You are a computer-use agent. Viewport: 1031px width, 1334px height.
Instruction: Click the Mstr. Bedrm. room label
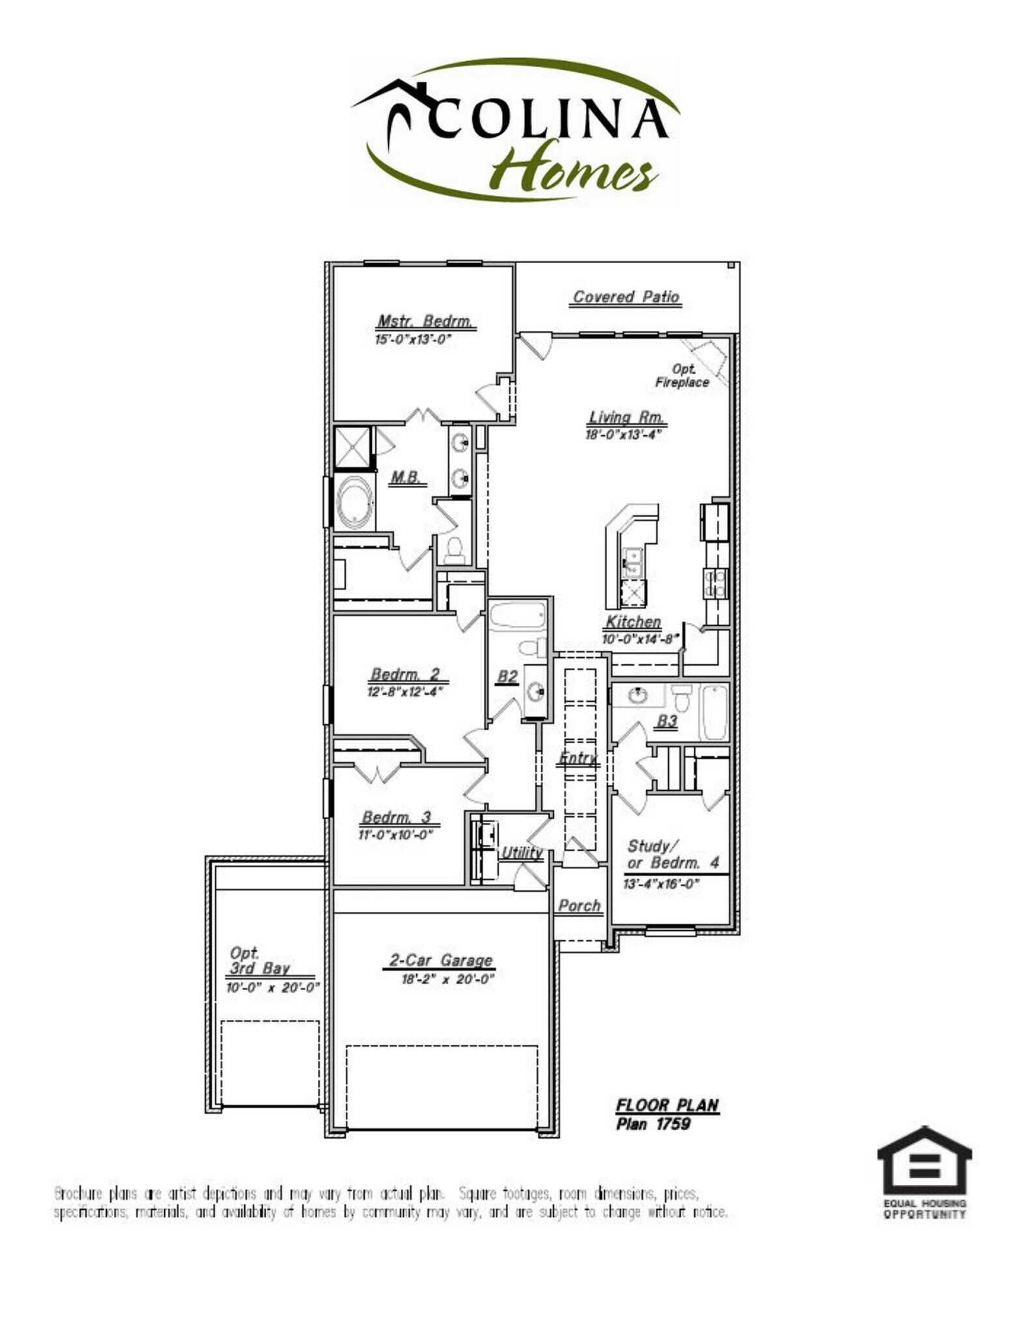[425, 322]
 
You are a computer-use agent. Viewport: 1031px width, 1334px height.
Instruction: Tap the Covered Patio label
[626, 297]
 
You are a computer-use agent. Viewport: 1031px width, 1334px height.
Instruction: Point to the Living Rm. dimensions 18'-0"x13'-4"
[623, 434]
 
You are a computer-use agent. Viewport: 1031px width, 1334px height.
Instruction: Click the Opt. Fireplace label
[682, 376]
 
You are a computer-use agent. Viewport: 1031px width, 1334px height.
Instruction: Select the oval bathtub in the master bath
[355, 502]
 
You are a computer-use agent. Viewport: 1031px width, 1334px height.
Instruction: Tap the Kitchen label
[633, 622]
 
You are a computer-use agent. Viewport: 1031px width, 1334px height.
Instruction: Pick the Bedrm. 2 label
[405, 674]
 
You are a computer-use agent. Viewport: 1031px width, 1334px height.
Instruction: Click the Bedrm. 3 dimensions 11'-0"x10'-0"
[395, 834]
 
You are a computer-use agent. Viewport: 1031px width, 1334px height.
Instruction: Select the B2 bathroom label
[507, 677]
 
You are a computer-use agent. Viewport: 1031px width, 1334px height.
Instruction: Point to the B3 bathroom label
[667, 721]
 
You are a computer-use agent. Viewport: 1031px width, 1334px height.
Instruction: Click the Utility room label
[522, 853]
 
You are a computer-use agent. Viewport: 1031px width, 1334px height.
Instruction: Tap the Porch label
[579, 906]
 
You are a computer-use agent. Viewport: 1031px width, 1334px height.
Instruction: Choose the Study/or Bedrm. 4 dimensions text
[661, 884]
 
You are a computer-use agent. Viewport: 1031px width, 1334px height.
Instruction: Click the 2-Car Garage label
[441, 960]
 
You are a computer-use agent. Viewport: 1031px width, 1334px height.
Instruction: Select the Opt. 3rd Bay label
[259, 961]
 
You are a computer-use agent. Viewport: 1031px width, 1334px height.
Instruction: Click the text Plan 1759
[653, 1124]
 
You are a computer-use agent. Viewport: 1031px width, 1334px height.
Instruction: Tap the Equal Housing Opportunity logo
[924, 1171]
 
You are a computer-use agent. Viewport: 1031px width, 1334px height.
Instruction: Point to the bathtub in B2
[517, 616]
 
